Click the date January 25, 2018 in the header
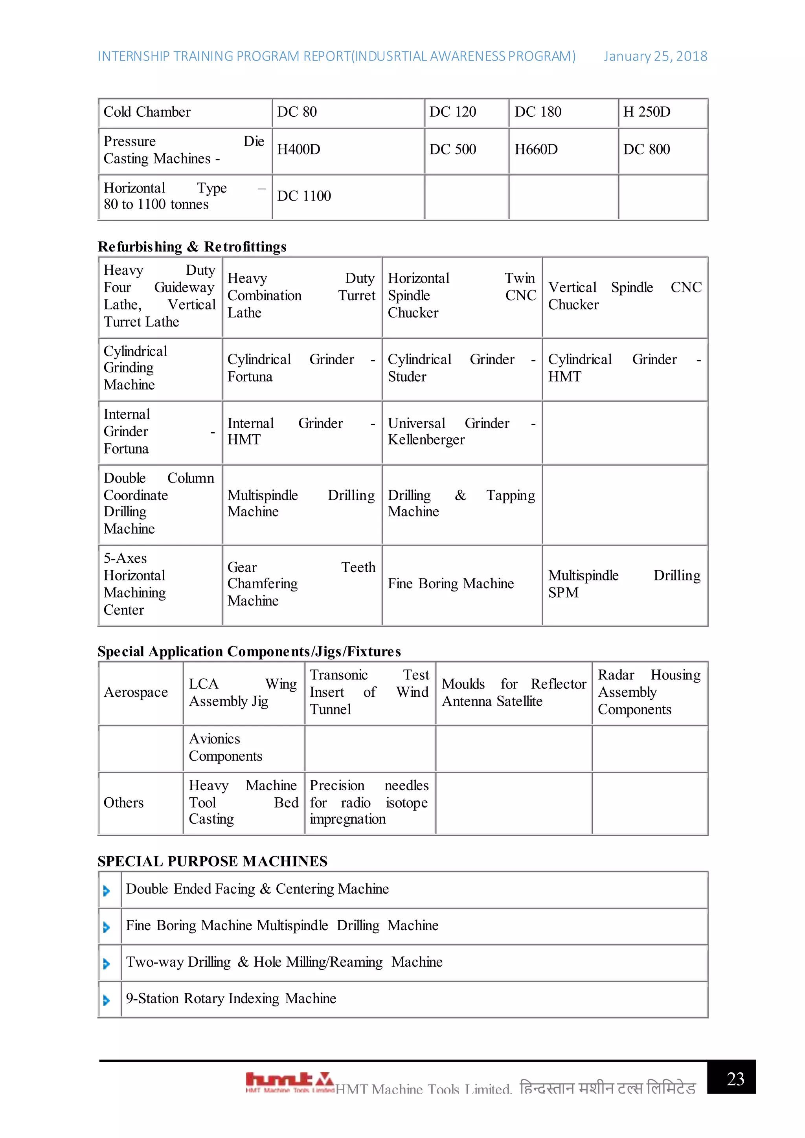(x=655, y=57)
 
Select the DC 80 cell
(x=298, y=112)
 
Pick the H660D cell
(x=536, y=149)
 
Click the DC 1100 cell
(x=304, y=196)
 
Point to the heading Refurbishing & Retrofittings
(x=192, y=247)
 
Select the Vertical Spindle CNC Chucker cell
(x=624, y=296)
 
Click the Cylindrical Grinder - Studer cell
(x=461, y=368)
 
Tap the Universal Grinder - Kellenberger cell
(x=461, y=432)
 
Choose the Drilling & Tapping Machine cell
(x=461, y=504)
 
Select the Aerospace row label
(x=136, y=692)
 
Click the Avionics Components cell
(x=226, y=747)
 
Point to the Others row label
(x=123, y=803)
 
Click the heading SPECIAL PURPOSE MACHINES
(x=212, y=861)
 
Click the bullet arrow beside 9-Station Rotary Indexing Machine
(x=106, y=1000)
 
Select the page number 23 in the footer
(x=735, y=1079)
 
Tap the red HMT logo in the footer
(x=289, y=1081)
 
